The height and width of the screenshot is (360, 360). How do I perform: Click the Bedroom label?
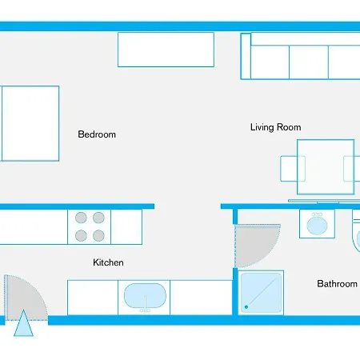(97, 134)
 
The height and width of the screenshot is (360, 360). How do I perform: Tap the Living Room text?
(275, 127)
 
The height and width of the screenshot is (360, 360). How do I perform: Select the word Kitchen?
(108, 262)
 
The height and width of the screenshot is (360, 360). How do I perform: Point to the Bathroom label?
(337, 284)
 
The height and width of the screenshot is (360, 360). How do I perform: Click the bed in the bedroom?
(30, 123)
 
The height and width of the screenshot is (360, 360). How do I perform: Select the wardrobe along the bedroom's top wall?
(166, 49)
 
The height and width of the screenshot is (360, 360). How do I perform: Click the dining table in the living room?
(326, 167)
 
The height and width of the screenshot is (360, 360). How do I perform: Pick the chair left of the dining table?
(289, 169)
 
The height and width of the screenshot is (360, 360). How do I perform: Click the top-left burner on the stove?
(82, 217)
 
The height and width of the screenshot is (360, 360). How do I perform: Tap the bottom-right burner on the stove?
(98, 235)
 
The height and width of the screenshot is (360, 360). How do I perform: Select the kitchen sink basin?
(146, 297)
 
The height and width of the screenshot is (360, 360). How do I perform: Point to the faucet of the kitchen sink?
(146, 306)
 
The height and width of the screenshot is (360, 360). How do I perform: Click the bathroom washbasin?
(318, 225)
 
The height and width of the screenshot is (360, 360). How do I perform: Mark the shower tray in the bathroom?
(262, 293)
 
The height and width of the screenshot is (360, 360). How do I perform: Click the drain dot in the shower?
(247, 307)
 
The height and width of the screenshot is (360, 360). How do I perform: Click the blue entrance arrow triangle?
(25, 326)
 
